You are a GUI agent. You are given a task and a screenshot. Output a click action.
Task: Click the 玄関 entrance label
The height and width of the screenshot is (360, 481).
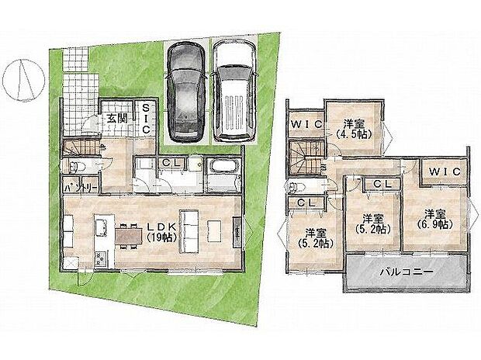pyautogui.click(x=117, y=118)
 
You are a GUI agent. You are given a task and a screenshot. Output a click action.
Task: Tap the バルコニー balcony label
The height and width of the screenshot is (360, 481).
pyautogui.click(x=406, y=272)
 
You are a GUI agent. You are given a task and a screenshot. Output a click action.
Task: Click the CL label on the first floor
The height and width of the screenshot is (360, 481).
pyautogui.click(x=171, y=162)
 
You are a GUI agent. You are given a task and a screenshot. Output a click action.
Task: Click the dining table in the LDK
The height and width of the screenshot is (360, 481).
pyautogui.click(x=126, y=233)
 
